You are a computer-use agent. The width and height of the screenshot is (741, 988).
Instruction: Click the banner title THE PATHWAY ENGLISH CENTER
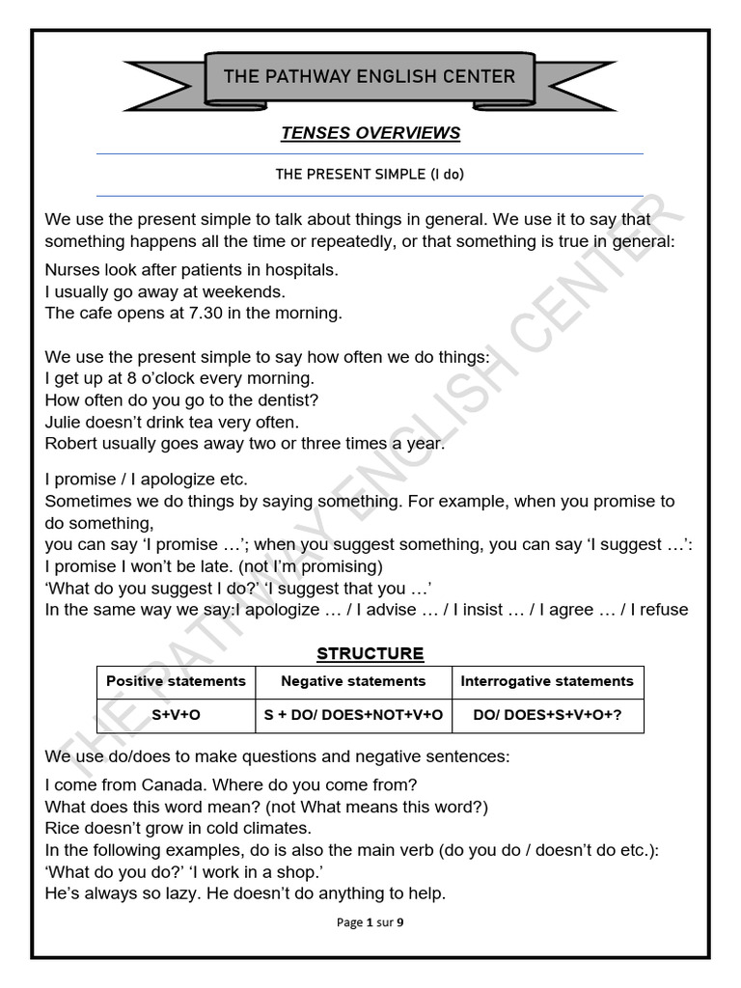(x=370, y=76)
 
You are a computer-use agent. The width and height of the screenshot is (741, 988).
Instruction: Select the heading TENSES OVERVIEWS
(x=370, y=133)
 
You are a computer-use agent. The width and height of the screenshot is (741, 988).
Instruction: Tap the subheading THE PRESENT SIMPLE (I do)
(x=370, y=175)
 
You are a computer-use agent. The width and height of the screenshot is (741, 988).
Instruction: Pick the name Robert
(x=73, y=443)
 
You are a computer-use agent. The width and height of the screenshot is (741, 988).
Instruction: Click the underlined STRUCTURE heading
(x=370, y=653)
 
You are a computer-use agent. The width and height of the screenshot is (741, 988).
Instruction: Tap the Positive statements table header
(x=176, y=681)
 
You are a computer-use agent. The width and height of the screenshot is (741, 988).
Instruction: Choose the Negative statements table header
(x=353, y=681)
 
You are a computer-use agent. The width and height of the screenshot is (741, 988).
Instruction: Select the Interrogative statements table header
(x=547, y=681)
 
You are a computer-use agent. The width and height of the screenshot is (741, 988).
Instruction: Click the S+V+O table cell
(x=176, y=715)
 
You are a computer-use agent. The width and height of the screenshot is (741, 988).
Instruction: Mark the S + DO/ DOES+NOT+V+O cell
(x=353, y=715)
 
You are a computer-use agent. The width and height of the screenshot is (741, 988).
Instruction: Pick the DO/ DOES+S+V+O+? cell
(x=547, y=715)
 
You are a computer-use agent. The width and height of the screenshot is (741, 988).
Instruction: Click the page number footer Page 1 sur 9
(x=370, y=922)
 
